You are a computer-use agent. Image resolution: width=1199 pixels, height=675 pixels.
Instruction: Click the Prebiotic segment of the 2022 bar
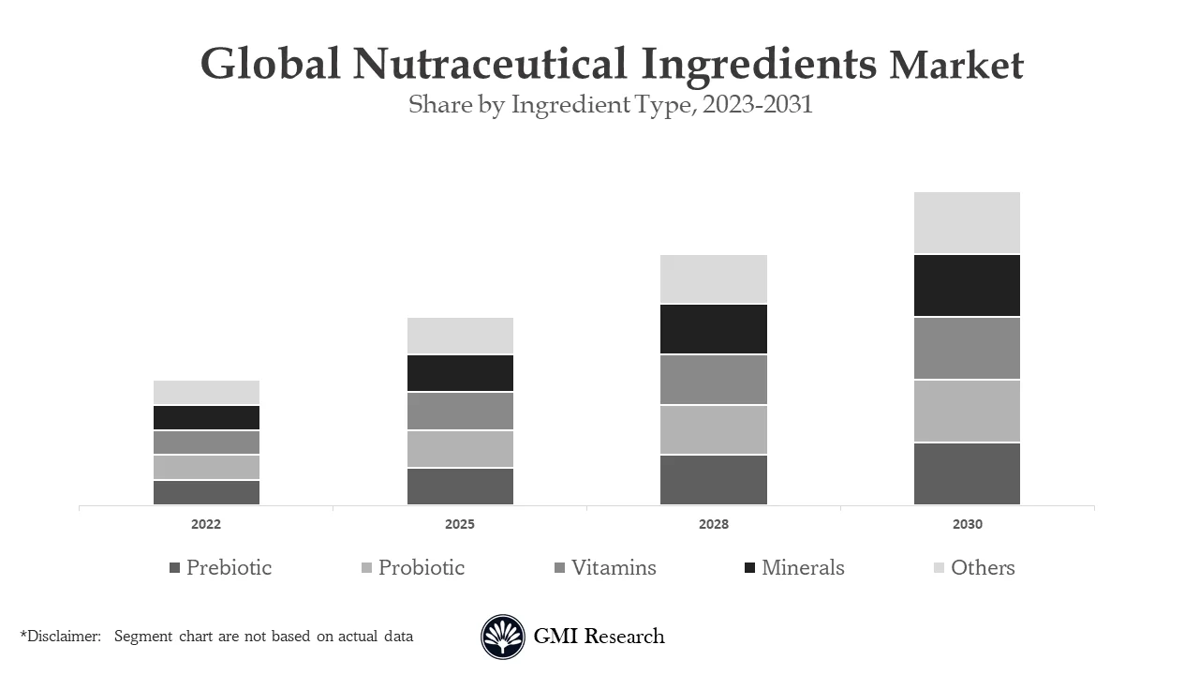[x=206, y=492]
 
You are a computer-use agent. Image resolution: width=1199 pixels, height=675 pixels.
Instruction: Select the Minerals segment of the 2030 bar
[x=967, y=285]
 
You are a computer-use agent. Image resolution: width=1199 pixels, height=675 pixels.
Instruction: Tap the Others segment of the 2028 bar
[x=713, y=278]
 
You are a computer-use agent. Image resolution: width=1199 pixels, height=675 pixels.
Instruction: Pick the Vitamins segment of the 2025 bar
[x=460, y=411]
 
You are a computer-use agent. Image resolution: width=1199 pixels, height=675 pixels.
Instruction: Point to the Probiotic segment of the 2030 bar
[x=967, y=411]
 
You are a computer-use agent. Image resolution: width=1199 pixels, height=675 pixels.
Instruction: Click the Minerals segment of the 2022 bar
[x=206, y=417]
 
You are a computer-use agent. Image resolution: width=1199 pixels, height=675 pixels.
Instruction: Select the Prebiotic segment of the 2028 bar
[x=713, y=479]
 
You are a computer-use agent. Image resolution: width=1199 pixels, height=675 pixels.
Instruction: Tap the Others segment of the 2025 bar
[x=460, y=336]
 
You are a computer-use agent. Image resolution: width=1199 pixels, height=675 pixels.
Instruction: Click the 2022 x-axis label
[x=206, y=524]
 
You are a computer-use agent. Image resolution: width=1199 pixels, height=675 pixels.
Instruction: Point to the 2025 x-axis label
[x=460, y=524]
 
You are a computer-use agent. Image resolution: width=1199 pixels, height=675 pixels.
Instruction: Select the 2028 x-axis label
[x=713, y=524]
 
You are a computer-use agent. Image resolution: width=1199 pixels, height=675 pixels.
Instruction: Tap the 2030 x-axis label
[x=967, y=524]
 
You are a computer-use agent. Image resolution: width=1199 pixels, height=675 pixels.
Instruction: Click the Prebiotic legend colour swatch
[x=174, y=568]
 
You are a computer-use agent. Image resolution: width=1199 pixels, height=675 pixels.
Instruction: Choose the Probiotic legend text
[x=421, y=567]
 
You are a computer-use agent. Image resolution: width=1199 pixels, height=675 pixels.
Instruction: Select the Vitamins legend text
[x=614, y=567]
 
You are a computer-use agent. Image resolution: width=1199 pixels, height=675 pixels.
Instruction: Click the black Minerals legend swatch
[x=749, y=568]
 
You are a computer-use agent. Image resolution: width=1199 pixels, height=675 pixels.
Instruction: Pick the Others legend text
[x=983, y=567]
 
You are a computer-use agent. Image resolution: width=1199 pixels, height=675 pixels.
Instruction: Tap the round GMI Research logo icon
[x=503, y=637]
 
